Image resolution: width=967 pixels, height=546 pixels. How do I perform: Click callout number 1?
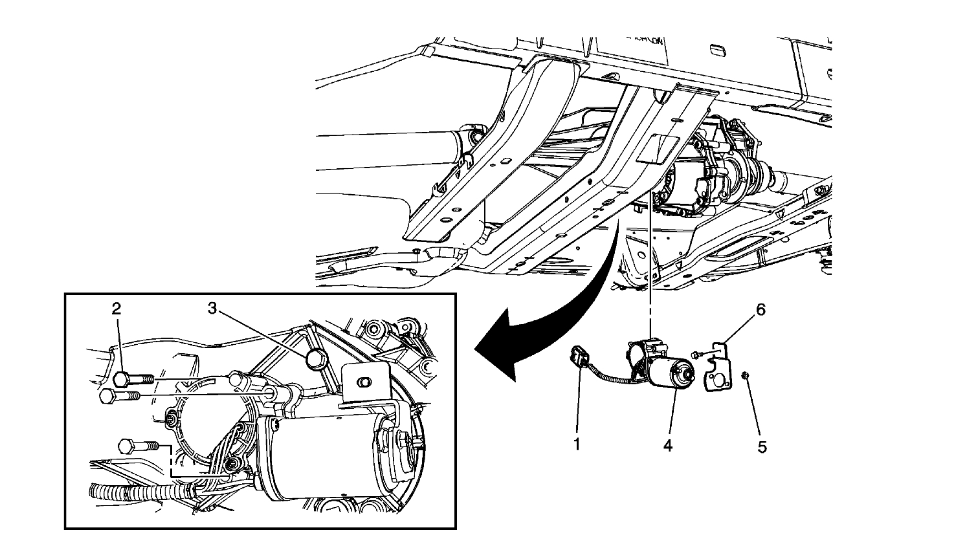pos(577,446)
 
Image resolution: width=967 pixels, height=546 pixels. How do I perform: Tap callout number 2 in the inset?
pos(117,309)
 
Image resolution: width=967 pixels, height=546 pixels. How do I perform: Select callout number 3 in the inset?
pos(212,309)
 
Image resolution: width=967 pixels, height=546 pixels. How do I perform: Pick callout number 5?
pos(762,446)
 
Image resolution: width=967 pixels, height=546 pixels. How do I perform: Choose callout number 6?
pos(761,311)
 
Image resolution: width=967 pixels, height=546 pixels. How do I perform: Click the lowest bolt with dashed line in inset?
pos(128,446)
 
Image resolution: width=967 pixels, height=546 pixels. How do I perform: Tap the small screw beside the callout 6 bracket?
pos(696,355)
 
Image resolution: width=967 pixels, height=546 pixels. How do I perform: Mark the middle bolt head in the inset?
pos(109,395)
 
